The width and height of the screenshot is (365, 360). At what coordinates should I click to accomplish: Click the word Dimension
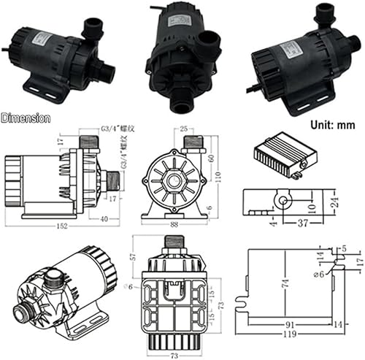coord(26,117)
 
